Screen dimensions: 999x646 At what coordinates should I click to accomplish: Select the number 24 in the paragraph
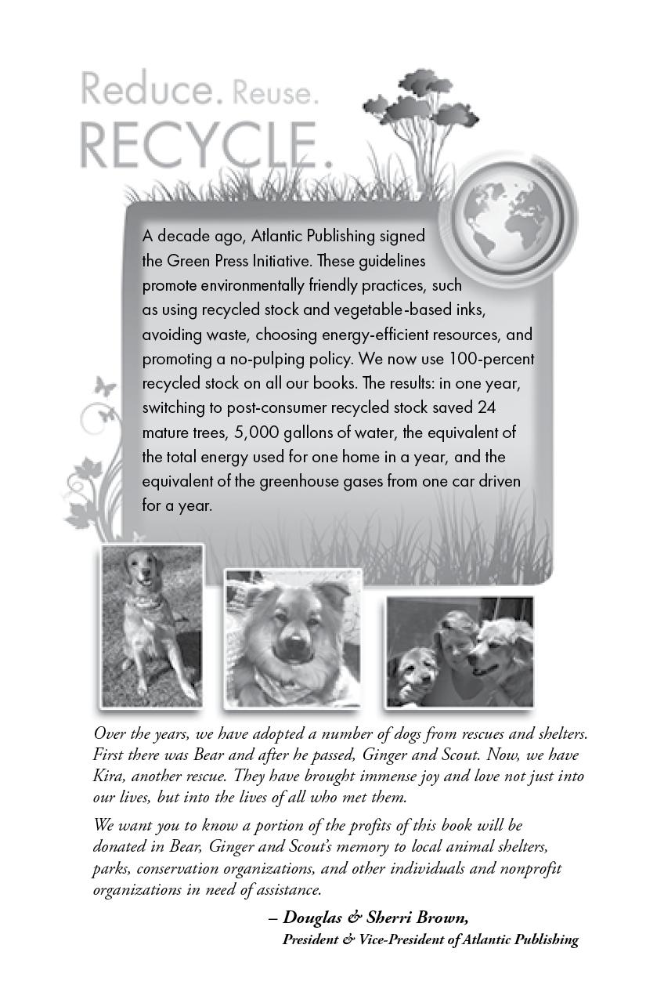[486, 408]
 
